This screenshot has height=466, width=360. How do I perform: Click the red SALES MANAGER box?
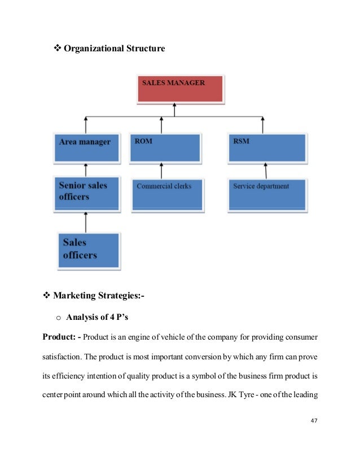(180, 89)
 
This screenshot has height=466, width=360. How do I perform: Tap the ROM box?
(165, 147)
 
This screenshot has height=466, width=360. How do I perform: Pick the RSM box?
(267, 147)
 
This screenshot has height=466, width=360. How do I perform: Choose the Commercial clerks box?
(168, 193)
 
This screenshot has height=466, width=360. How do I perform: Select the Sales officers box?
(87, 249)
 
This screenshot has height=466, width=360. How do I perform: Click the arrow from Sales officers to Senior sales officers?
(86, 221)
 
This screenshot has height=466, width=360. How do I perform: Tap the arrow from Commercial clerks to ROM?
(162, 170)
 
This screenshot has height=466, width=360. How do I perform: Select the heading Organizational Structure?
(114, 49)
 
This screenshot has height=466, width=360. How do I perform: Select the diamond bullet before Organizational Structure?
(56, 49)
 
